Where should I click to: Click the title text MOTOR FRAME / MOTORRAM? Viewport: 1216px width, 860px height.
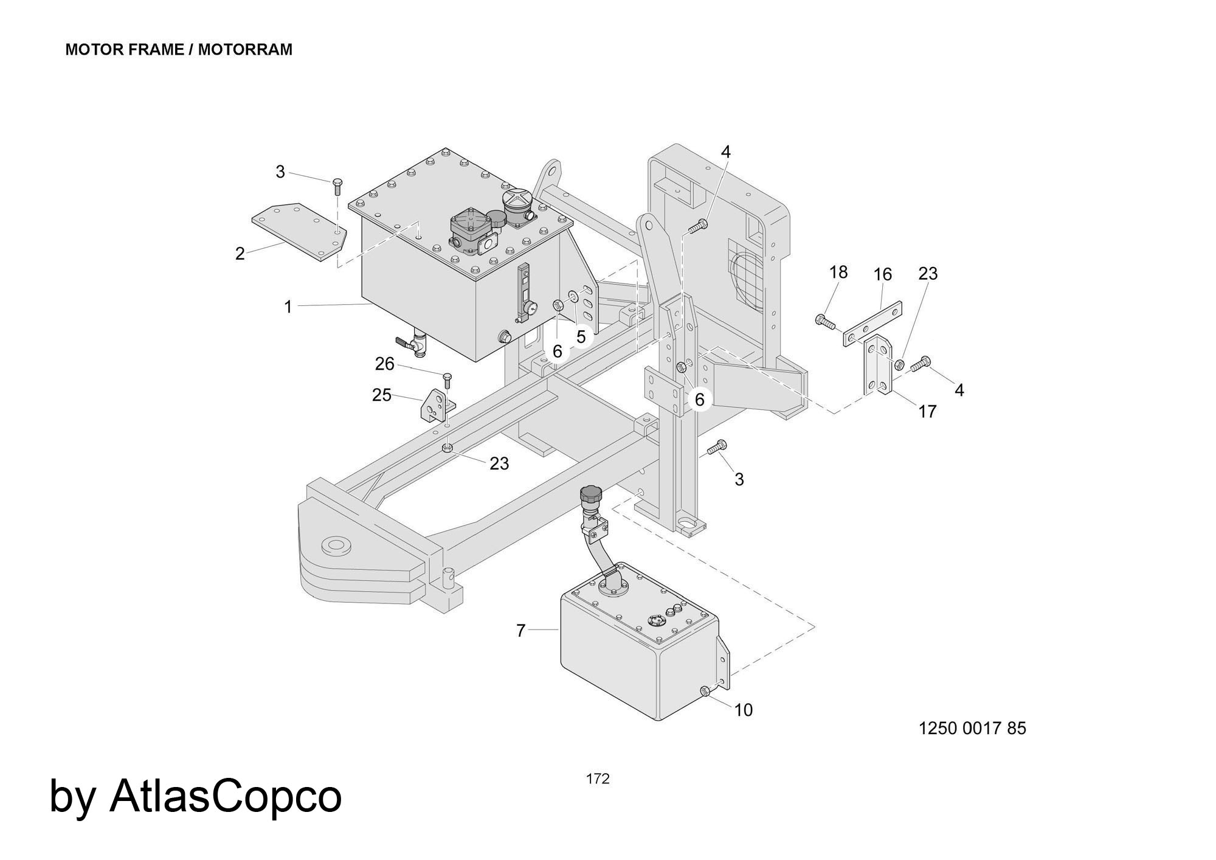tap(179, 50)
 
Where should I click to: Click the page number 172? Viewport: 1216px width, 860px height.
tap(598, 779)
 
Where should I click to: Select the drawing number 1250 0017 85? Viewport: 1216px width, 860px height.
tap(972, 728)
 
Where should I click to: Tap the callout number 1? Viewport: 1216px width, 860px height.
tap(288, 307)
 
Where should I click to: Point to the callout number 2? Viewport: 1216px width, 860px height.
tap(240, 254)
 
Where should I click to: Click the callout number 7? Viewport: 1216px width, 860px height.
tap(520, 631)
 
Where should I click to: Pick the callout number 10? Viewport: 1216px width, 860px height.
tap(744, 710)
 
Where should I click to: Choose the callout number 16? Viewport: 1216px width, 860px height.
tap(882, 274)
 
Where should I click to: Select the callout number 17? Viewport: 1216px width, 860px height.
tap(927, 412)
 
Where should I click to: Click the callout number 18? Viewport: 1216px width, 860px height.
tap(838, 272)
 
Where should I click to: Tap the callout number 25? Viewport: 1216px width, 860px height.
tap(382, 395)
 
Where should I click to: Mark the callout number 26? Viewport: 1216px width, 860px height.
tap(385, 364)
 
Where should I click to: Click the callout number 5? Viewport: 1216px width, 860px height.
tap(581, 336)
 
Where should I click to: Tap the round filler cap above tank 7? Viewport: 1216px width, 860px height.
tap(591, 494)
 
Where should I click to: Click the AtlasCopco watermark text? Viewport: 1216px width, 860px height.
tap(195, 797)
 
